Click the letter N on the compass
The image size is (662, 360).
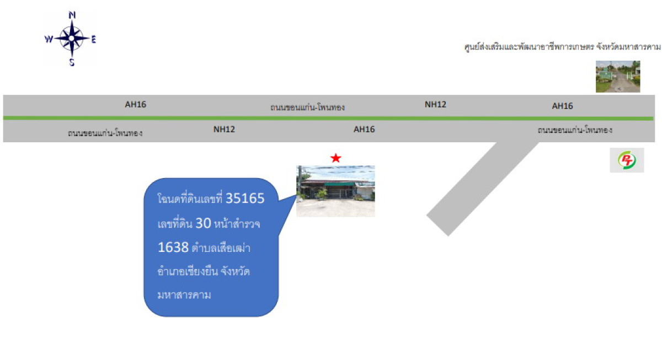pos(72,15)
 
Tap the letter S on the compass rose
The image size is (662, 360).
pos(72,62)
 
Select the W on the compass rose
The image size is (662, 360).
pos(49,39)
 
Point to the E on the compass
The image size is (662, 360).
pos(94,39)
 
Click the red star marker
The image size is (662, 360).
pos(336,158)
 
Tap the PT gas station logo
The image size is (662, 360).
pos(627,160)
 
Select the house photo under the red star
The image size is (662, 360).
pos(336,191)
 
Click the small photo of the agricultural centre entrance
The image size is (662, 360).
pos(618,77)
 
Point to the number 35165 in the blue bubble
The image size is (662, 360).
pos(245,198)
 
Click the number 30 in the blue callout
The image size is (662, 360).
pos(204,223)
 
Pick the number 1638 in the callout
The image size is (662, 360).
pos(173,247)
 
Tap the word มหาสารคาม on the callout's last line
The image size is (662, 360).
pos(184,295)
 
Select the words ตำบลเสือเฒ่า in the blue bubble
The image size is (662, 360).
pos(221,248)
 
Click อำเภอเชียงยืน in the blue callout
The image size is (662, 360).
pos(188,271)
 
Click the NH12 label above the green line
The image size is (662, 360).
pos(435,104)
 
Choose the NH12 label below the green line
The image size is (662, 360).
pos(224,130)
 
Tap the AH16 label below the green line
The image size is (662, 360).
pos(364,130)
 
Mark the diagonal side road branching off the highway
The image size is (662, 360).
pos(482,189)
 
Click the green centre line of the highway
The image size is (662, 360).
pos(328,118)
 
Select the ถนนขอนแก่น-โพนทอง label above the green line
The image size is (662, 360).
pos(307,107)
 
